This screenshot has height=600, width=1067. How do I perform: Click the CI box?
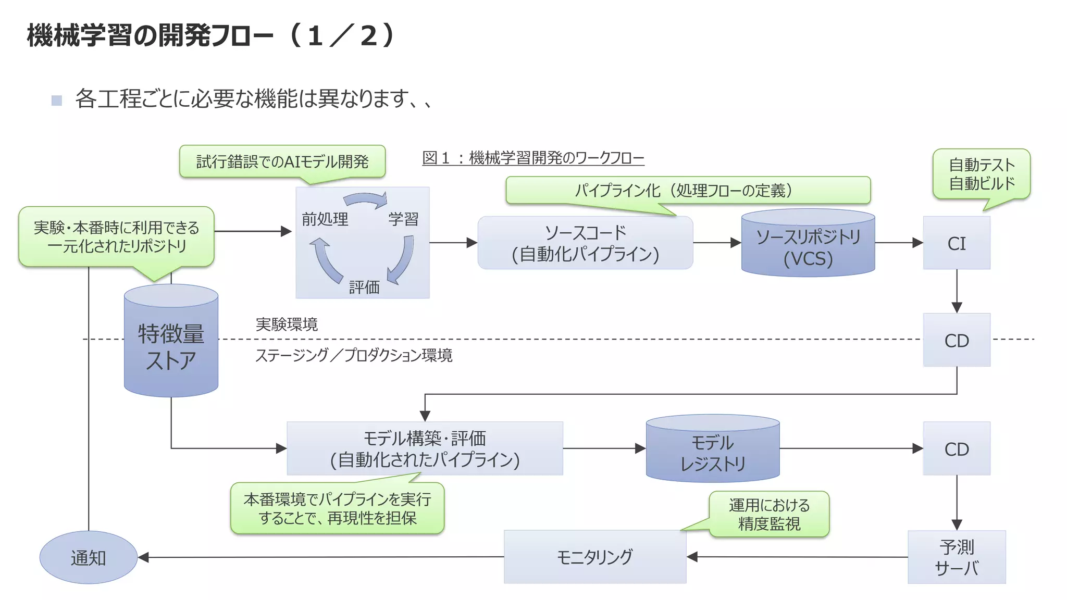[x=957, y=243]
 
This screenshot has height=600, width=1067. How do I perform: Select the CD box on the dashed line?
[x=957, y=340]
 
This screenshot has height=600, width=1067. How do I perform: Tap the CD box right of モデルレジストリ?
[x=957, y=448]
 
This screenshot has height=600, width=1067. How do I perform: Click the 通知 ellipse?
[x=89, y=557]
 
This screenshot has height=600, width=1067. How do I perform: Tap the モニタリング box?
[x=594, y=557]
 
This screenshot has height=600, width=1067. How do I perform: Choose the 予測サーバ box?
[x=957, y=557]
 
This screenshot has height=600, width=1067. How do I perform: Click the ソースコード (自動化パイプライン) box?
[x=585, y=243]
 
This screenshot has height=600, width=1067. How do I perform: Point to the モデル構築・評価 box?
[x=425, y=448]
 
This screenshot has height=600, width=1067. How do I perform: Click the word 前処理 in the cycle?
[x=325, y=219]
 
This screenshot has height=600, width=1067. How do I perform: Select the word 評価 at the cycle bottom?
[x=364, y=287]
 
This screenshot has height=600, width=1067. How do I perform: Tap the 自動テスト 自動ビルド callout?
[x=982, y=174]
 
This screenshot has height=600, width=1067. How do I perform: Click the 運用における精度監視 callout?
[x=769, y=514]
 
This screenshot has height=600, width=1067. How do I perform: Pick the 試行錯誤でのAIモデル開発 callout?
[x=282, y=161]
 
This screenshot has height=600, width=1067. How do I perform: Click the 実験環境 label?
[x=287, y=324]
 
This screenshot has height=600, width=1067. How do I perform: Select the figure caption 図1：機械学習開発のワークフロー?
[x=533, y=158]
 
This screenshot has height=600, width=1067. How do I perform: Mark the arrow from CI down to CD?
[x=957, y=291]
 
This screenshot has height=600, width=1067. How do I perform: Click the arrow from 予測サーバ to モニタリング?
[x=797, y=557]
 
